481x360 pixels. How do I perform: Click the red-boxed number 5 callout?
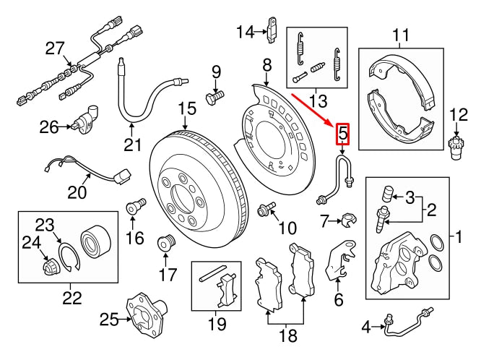click(x=342, y=134)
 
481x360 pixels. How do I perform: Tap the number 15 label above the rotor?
click(x=187, y=109)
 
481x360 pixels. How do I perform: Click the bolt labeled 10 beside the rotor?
click(x=264, y=210)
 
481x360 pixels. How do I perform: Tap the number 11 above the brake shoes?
click(x=400, y=34)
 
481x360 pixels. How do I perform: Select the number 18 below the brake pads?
click(x=287, y=335)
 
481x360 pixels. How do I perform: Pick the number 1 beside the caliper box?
click(x=456, y=236)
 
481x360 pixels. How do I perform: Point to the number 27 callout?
click(x=55, y=48)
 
